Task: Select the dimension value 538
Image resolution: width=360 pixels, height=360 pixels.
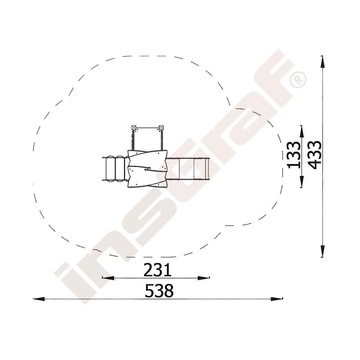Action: pyautogui.click(x=159, y=291)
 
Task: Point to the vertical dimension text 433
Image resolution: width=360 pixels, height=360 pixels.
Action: pyautogui.click(x=314, y=155)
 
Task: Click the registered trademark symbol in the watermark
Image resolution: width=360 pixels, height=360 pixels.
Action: pyautogui.click(x=298, y=80)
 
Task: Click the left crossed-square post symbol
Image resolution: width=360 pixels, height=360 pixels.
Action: pyautogui.click(x=134, y=127)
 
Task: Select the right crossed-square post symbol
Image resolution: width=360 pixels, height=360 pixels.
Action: pyautogui.click(x=161, y=127)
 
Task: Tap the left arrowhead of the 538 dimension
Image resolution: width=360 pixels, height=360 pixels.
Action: pyautogui.click(x=39, y=299)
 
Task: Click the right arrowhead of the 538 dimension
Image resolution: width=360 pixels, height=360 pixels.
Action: pyautogui.click(x=276, y=299)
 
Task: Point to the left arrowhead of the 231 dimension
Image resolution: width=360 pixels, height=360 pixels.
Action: pyautogui.click(x=108, y=278)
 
